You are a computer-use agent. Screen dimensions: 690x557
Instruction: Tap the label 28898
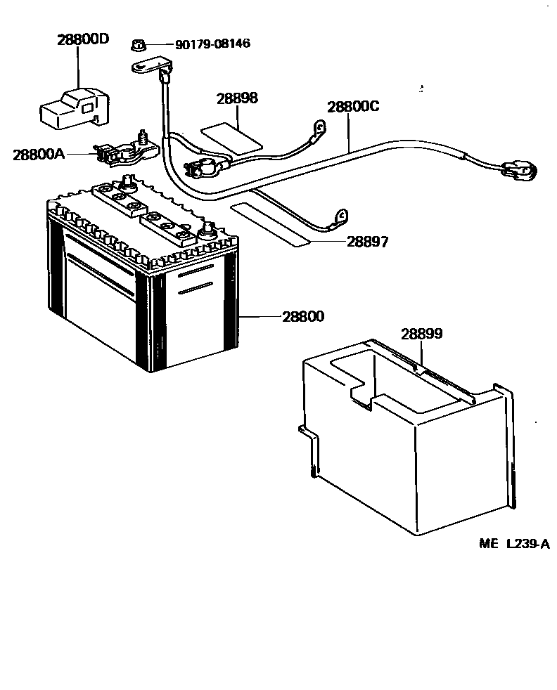point(236,98)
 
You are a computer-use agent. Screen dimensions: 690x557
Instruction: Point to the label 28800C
point(352,107)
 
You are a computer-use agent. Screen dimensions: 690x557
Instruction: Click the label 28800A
point(39,154)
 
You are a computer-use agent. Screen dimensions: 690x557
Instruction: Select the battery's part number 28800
point(303,316)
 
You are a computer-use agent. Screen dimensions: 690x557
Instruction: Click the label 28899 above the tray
point(421,334)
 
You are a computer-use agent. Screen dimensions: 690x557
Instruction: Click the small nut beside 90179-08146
point(139,46)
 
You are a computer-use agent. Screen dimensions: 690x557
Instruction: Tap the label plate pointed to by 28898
point(231,137)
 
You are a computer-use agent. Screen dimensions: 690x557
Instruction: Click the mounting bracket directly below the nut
point(151,67)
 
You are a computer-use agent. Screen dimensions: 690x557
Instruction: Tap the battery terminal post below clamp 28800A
point(129,181)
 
